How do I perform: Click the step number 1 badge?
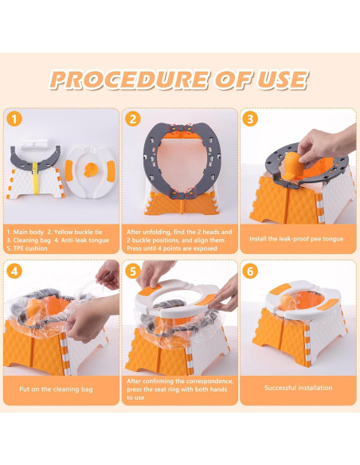coord(14,119)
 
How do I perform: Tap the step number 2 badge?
coord(133,119)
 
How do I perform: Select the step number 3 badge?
coord(251,119)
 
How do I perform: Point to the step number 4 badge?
coord(14,272)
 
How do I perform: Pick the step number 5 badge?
coord(133,272)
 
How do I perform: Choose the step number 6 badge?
coord(251,272)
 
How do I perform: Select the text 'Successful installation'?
coord(299,389)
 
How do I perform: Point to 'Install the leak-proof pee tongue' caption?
coord(298,236)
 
